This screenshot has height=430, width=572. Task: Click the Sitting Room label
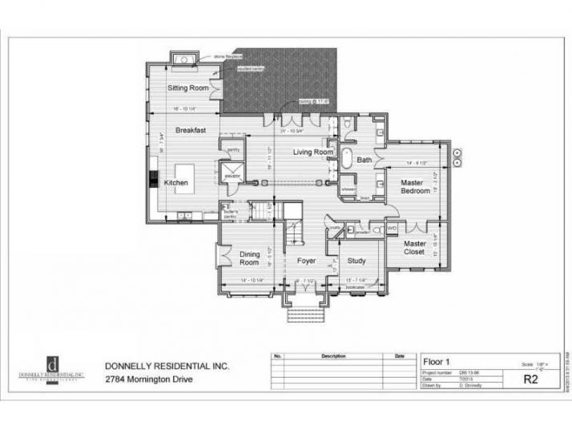click(x=188, y=87)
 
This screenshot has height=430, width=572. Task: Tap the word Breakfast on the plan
click(x=191, y=129)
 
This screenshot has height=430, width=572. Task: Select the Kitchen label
click(x=176, y=183)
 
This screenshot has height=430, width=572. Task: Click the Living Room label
click(x=312, y=152)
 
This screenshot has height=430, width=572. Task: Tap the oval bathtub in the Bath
click(x=348, y=159)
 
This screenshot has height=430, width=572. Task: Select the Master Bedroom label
click(x=417, y=187)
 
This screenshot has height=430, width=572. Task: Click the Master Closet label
click(x=414, y=247)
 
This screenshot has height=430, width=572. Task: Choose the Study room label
click(x=356, y=261)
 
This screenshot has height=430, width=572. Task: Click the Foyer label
click(x=306, y=261)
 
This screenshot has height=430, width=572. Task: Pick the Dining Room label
click(x=249, y=258)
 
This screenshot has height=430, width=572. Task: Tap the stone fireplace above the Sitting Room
click(x=183, y=59)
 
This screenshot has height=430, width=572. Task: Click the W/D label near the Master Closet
click(x=392, y=228)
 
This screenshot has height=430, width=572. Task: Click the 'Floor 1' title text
click(x=440, y=362)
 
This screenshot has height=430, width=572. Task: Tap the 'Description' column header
click(x=332, y=355)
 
